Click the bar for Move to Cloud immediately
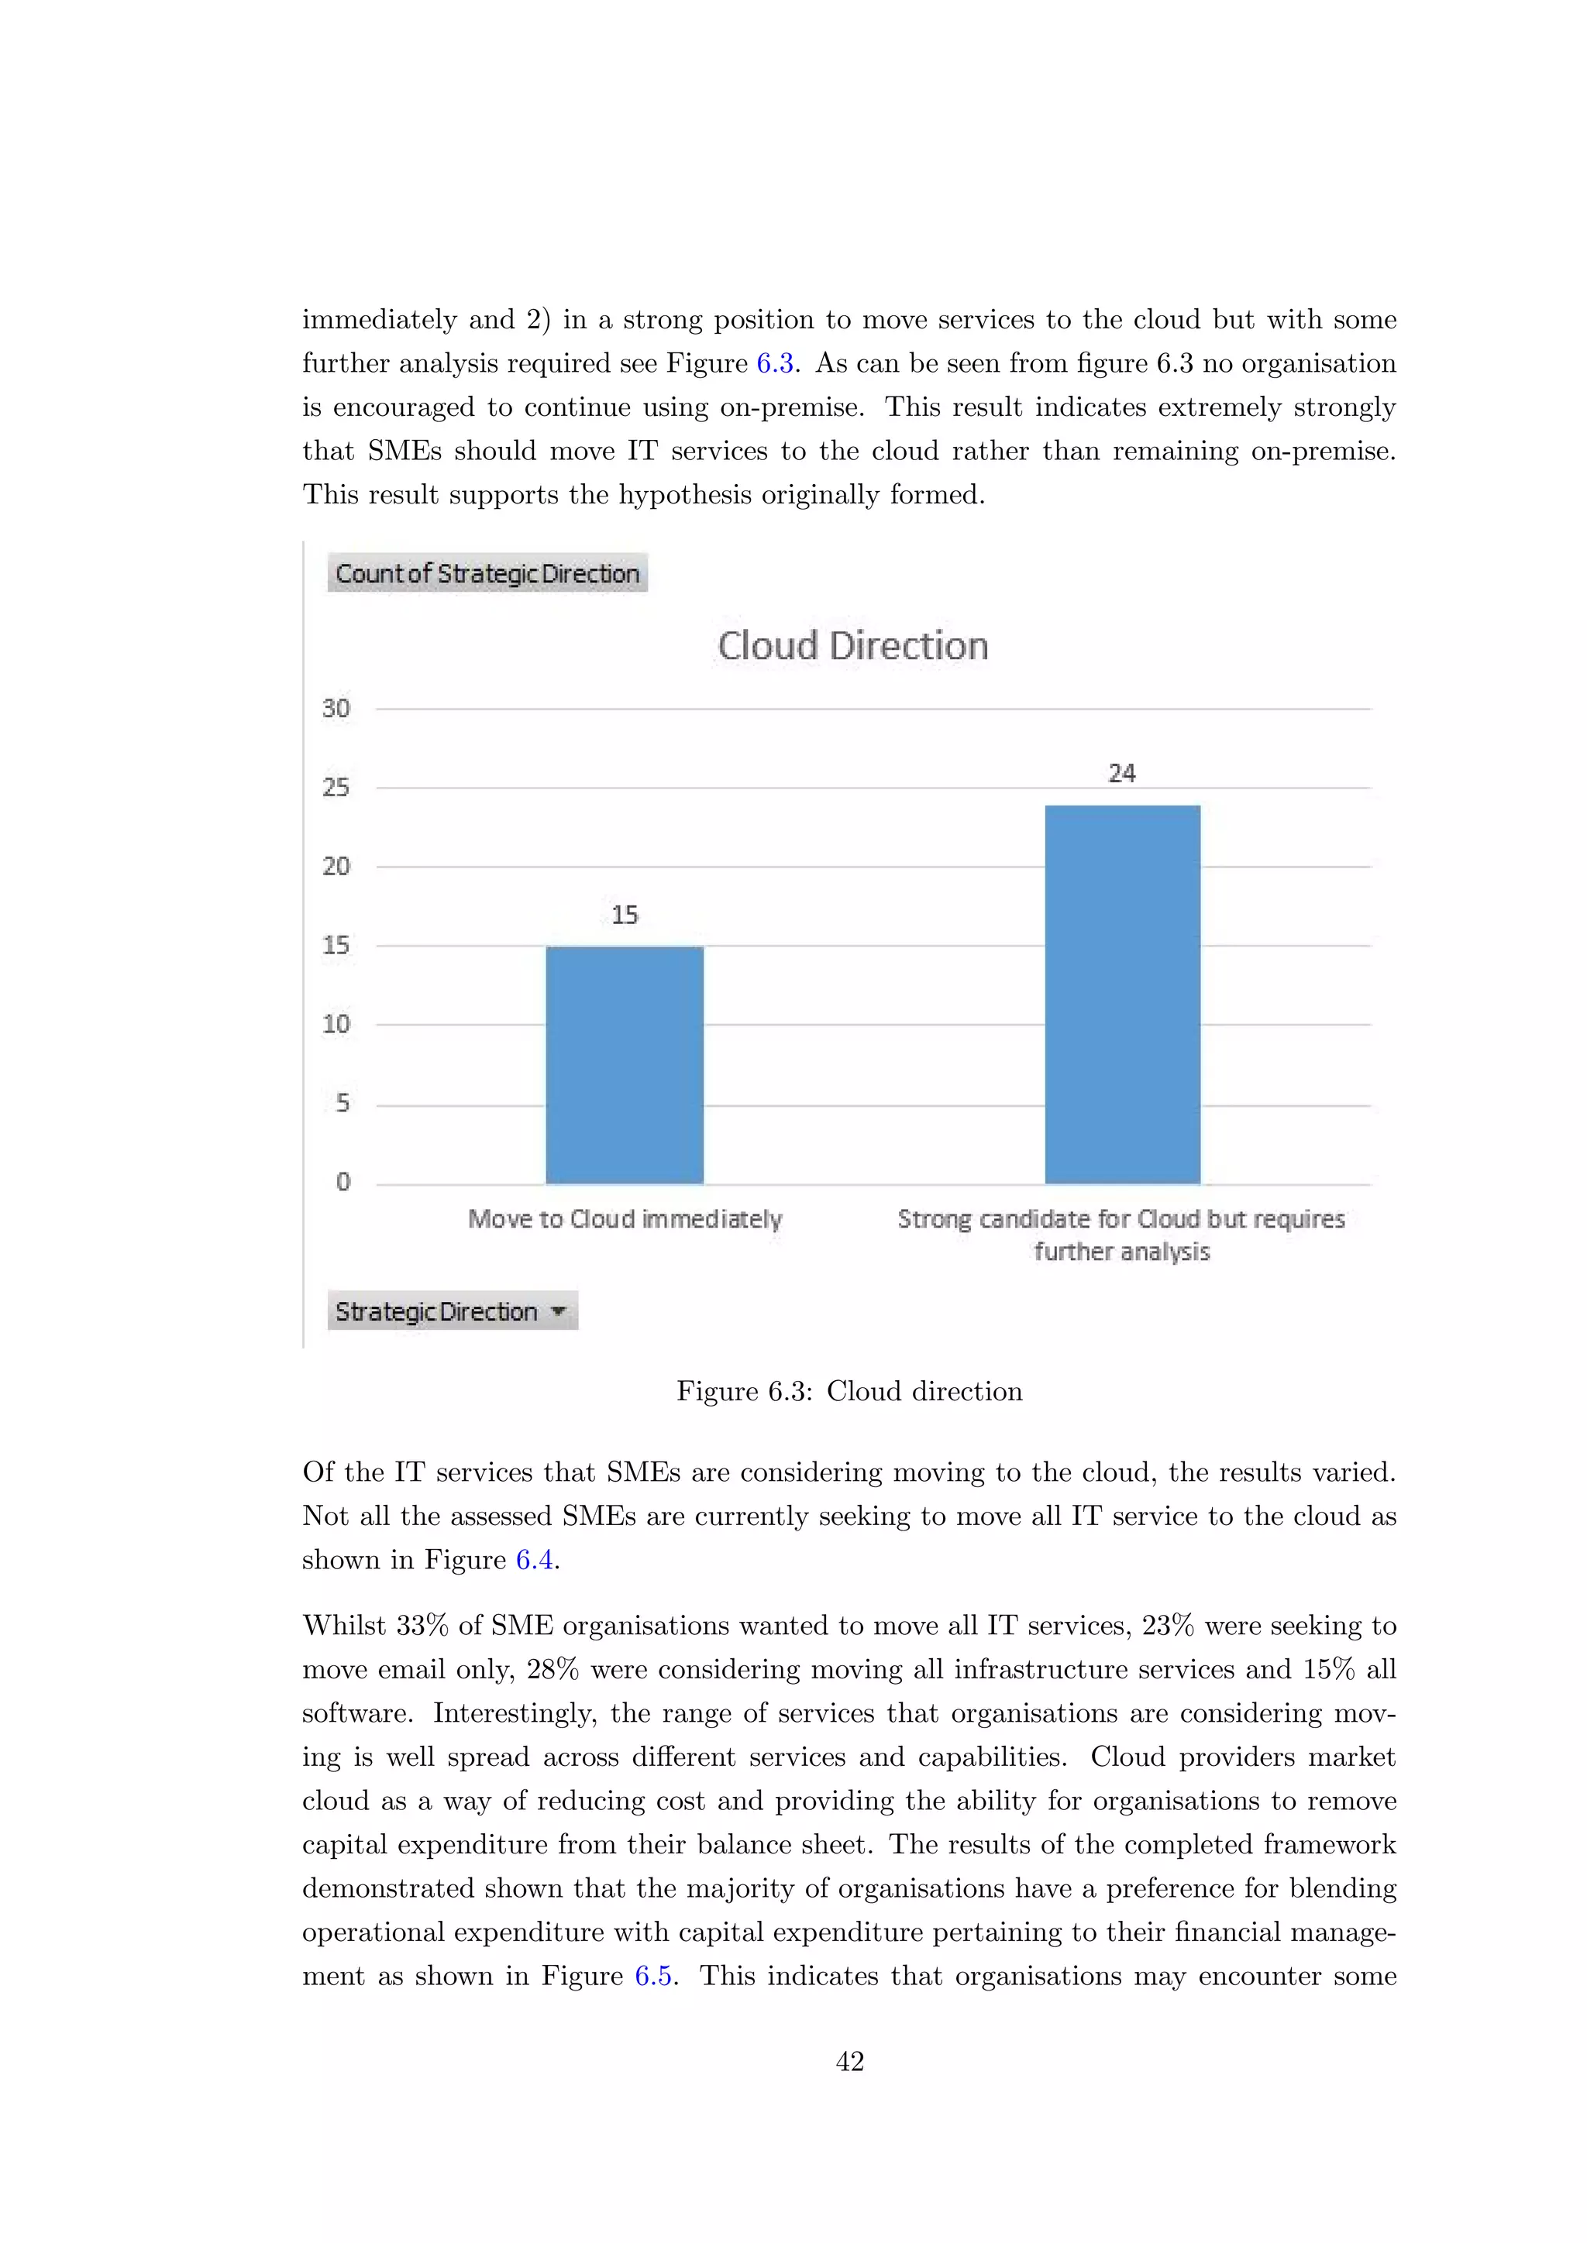tap(625, 1065)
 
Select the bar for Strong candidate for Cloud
tap(1122, 994)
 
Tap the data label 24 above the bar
tap(1122, 773)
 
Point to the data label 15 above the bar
tap(625, 915)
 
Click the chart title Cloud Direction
tap(852, 646)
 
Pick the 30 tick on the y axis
tap(336, 708)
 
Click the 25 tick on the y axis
tap(336, 788)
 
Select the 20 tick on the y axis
tap(336, 867)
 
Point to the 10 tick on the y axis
tap(336, 1024)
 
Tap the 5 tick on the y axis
tap(342, 1103)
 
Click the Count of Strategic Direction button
tap(487, 573)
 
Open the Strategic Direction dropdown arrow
tap(559, 1311)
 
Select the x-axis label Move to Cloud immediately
tap(625, 1219)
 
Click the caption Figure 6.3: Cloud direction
tap(849, 1391)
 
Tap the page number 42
tap(849, 2061)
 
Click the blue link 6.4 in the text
tap(535, 1560)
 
